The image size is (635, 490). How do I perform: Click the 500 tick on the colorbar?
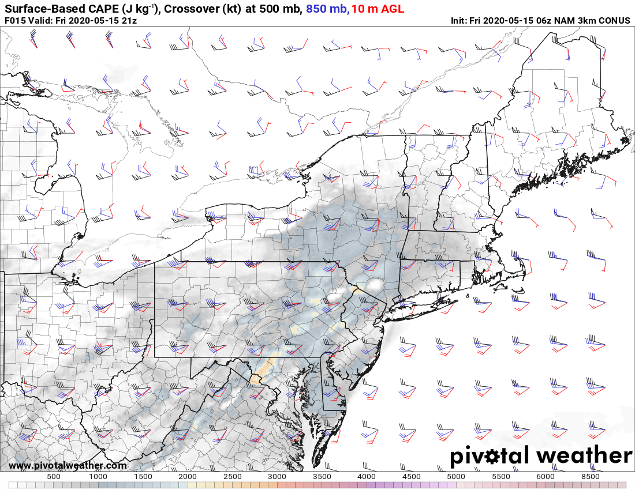(54, 477)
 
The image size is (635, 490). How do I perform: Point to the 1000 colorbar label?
(98, 477)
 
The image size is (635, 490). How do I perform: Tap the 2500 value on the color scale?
(233, 477)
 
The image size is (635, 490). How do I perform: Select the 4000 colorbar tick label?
(367, 477)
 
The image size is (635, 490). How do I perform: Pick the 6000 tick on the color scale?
(546, 477)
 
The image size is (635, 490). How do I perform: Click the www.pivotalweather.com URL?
(68, 466)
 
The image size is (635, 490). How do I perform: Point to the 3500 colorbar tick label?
(322, 477)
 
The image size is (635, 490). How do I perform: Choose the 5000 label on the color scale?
(457, 477)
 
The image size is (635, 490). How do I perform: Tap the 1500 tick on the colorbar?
(143, 477)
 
